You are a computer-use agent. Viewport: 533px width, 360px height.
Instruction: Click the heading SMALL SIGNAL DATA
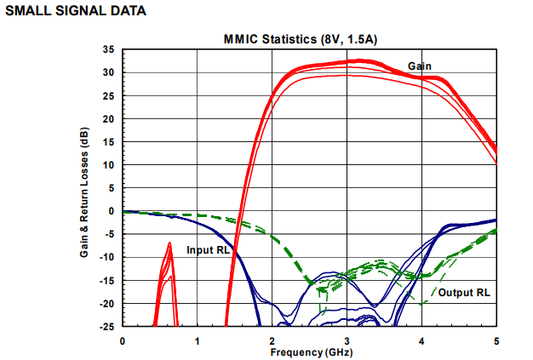(75, 10)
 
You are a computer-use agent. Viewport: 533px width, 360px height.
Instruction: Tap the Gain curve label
(419, 66)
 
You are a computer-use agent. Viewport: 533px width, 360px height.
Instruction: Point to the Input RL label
(208, 251)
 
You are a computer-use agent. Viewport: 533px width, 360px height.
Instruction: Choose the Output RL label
(464, 292)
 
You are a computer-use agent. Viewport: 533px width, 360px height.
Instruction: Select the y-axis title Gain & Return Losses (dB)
(85, 187)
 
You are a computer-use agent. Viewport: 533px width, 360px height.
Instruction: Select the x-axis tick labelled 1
(198, 340)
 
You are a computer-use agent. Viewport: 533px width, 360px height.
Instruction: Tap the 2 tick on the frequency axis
(272, 340)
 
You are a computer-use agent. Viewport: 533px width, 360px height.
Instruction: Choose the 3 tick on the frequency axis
(347, 340)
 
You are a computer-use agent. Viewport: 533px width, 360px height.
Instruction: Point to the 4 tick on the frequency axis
(422, 340)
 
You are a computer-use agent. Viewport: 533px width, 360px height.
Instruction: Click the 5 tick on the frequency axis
(496, 340)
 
